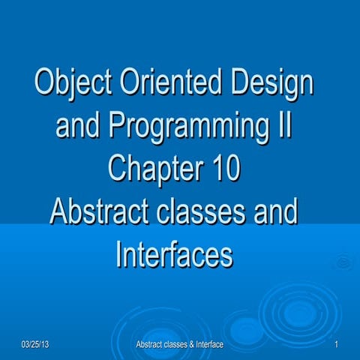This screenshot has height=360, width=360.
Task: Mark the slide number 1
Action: coord(339,344)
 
